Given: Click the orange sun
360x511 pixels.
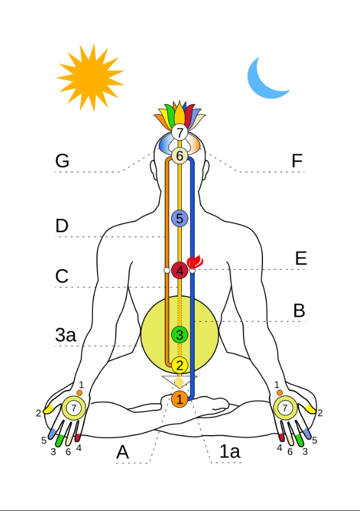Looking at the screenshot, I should click(x=90, y=74).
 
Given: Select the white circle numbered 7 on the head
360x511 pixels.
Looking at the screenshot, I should click(x=179, y=132).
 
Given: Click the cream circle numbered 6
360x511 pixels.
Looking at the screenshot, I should click(x=179, y=156).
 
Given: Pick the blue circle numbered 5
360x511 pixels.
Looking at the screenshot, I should click(x=179, y=218).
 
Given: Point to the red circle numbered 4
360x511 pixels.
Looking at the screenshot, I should click(x=179, y=271).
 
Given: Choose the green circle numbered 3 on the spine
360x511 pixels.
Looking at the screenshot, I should click(x=179, y=334).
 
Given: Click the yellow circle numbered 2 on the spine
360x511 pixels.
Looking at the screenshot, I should click(x=179, y=365).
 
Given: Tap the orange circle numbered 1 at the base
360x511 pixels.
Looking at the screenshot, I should click(x=179, y=400).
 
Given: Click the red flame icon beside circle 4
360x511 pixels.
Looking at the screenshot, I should click(x=194, y=263).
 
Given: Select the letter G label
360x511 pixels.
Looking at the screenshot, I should click(x=62, y=161).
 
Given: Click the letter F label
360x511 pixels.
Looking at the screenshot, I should click(x=298, y=161).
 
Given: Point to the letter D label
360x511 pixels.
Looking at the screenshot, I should click(x=62, y=226).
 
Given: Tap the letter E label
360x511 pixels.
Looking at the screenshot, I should click(x=301, y=258).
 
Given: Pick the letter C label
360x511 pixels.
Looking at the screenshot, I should click(x=62, y=277).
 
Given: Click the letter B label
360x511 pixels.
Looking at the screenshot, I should click(x=299, y=311).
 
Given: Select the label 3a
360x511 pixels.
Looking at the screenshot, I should click(x=66, y=336).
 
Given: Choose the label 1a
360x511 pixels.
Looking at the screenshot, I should click(x=229, y=452).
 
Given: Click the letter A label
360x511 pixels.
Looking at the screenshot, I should click(x=122, y=452).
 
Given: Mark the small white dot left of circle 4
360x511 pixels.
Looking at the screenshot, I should click(x=166, y=270).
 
